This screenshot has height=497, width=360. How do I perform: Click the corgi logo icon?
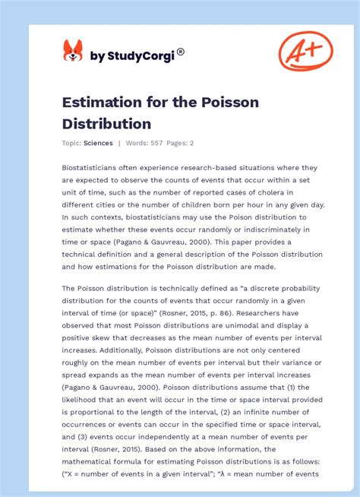(x=73, y=51)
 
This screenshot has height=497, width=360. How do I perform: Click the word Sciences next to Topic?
(x=99, y=143)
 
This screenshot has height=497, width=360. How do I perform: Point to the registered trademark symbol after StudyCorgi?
(x=181, y=52)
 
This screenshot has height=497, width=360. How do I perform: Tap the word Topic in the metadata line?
(x=71, y=143)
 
